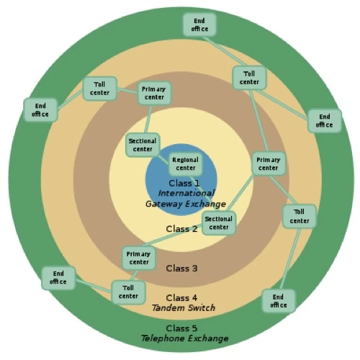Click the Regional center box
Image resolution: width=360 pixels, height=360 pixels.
click(186, 163)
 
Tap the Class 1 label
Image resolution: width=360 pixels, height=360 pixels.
click(185, 184)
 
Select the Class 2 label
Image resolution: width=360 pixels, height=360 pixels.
click(181, 229)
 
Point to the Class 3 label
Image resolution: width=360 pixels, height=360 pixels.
click(181, 269)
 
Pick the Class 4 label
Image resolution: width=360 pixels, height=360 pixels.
click(181, 297)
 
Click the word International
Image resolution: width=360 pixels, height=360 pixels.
click(185, 194)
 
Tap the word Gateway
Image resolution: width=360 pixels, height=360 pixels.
click(163, 204)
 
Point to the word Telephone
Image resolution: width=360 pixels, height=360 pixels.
click(165, 338)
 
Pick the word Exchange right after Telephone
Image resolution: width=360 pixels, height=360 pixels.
click(209, 338)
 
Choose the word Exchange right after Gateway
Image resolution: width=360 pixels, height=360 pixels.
click(202, 204)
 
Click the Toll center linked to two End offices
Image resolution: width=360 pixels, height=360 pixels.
click(250, 78)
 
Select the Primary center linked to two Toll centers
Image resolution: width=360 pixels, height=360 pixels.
click(268, 163)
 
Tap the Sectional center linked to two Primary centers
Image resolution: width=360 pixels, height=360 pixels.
click(218, 223)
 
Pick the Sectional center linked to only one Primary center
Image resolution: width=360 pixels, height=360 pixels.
click(143, 145)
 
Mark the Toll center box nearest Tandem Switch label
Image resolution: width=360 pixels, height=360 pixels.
click(128, 292)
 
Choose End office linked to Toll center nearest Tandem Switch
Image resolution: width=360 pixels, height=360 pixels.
click(58, 277)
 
